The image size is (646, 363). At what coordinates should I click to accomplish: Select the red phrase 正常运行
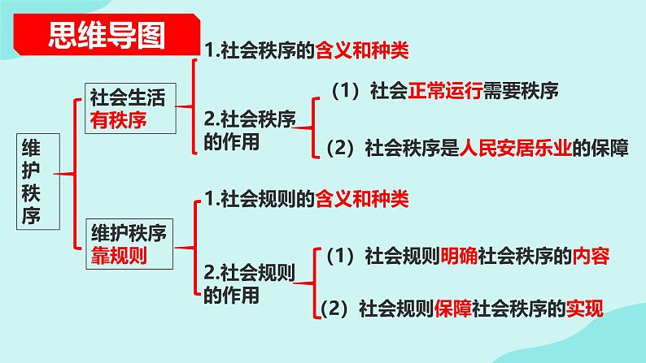click(x=441, y=89)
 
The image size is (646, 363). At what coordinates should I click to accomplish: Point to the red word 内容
click(x=589, y=257)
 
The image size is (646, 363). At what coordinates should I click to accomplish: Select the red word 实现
click(x=586, y=309)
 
